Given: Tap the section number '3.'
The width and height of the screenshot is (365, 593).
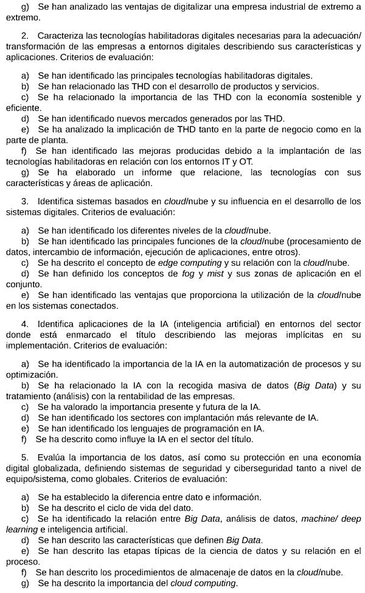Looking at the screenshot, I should coord(25,201).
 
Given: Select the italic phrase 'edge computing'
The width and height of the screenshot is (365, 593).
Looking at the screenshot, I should coord(190,263).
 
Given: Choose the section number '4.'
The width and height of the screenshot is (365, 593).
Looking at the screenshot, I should coord(25,324).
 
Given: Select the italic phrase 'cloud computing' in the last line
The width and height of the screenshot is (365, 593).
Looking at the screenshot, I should coord(203,583).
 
